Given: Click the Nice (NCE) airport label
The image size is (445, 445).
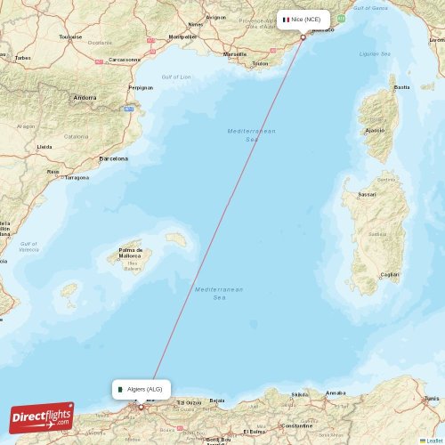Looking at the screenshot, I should (x=303, y=19).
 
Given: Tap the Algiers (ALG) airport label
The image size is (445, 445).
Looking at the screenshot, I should (x=141, y=389).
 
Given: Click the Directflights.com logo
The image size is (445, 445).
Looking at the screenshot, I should (x=43, y=417).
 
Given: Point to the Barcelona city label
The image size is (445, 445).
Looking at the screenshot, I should (x=114, y=158).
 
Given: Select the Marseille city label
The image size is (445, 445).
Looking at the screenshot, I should (x=235, y=54).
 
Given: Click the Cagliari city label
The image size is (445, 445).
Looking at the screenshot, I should (x=389, y=275).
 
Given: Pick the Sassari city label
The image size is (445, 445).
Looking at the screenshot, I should (x=367, y=193).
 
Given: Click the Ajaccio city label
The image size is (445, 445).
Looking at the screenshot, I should (x=375, y=130).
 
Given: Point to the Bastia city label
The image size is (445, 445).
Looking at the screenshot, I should (x=402, y=87).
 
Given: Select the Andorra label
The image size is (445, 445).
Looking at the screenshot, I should (x=85, y=97).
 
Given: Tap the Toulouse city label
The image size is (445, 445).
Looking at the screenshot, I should (x=70, y=36).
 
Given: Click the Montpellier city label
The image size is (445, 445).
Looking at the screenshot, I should (x=182, y=37).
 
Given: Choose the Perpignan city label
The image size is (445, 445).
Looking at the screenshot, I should (x=141, y=88).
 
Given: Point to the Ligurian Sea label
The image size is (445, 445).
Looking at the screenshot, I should (x=375, y=53).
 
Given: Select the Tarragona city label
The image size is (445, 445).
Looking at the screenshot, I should (x=77, y=177).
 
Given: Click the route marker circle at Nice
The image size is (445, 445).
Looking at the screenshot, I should (x=303, y=37).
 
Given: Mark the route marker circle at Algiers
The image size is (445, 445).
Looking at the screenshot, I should (x=140, y=407).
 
